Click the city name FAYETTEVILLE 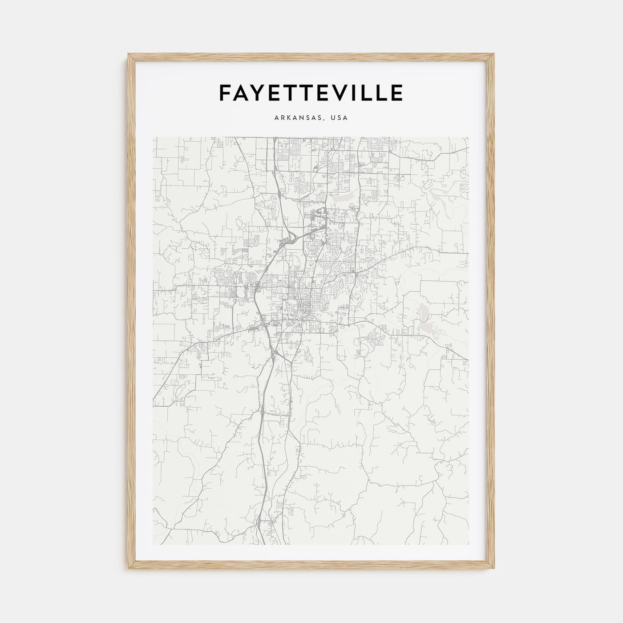311,93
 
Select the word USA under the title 340,118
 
